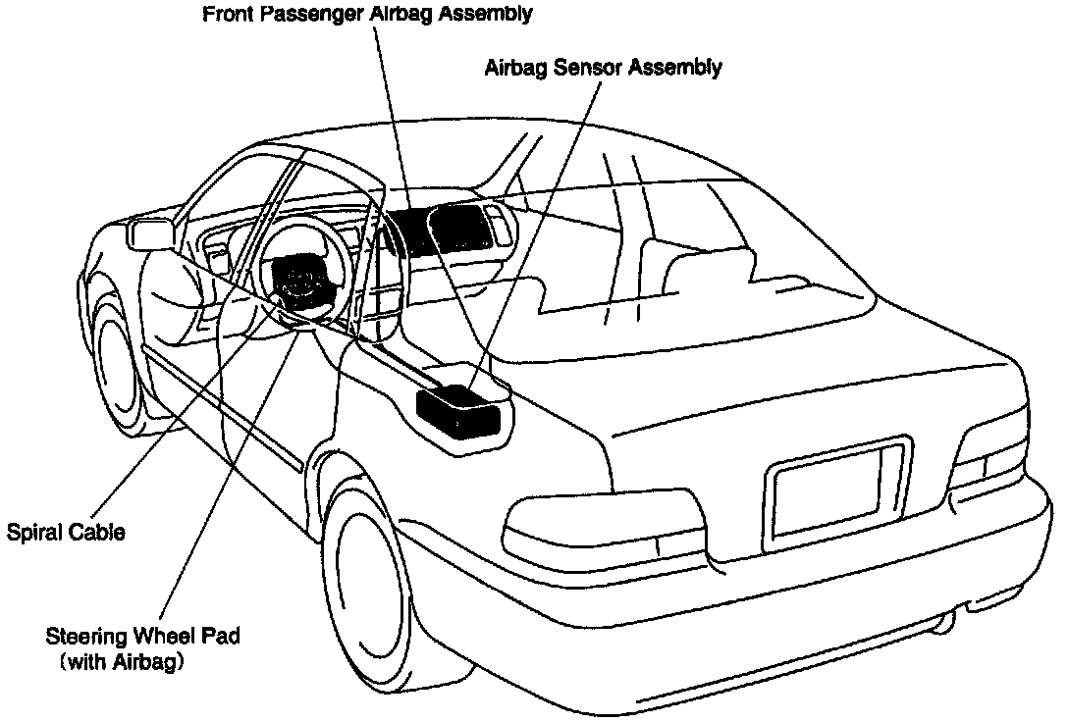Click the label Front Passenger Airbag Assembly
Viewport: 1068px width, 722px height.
click(x=367, y=14)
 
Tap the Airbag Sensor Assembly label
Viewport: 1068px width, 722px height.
click(x=603, y=68)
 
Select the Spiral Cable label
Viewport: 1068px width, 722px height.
click(x=66, y=533)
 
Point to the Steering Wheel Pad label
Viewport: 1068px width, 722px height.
click(x=143, y=636)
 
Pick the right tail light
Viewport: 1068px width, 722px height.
click(x=991, y=461)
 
